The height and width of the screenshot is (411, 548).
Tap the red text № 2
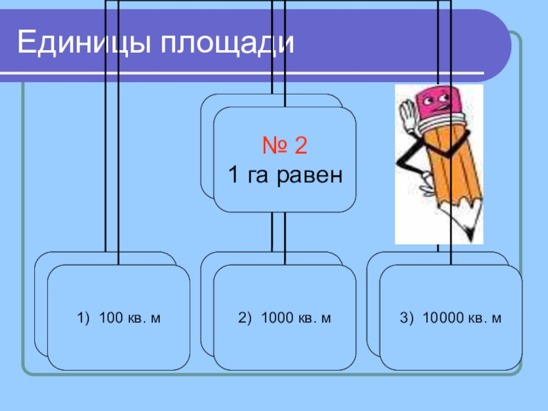pos(284,146)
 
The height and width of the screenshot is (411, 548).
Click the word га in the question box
pos(258,176)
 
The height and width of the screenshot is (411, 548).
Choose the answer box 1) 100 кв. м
pos(119,317)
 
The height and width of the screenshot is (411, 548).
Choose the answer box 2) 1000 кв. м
pos(284,317)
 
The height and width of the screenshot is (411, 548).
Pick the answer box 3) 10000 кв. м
pos(451,317)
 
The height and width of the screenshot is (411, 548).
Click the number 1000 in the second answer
pos(279,318)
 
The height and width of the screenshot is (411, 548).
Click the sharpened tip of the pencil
pos(473,232)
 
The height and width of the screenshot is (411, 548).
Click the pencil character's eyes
pos(438,102)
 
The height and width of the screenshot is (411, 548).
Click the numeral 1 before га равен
pos(233,175)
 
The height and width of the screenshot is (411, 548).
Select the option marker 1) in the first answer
pos(84,318)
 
